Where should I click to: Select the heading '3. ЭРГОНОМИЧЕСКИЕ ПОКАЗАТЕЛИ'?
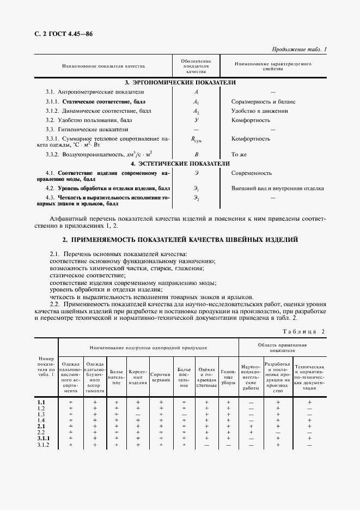tap(180, 82)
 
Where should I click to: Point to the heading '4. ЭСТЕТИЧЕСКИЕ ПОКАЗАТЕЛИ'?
tap(180, 163)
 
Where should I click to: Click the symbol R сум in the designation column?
tap(197, 139)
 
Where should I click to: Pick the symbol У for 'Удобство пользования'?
tap(197, 120)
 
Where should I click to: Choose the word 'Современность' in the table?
tap(252, 173)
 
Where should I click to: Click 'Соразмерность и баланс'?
tap(263, 101)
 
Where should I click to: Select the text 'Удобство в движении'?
tap(260, 111)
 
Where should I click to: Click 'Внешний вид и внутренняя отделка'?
tap(278, 189)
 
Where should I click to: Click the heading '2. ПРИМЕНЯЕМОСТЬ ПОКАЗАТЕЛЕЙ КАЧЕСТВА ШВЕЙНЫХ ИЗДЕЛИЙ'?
tap(180, 240)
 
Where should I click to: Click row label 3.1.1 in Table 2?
tap(44, 438)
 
